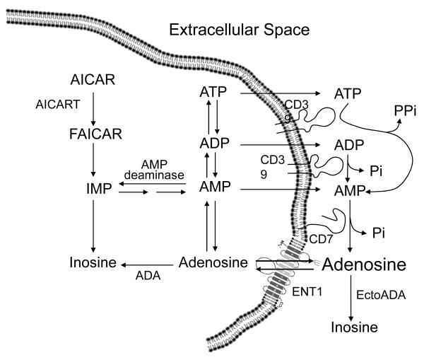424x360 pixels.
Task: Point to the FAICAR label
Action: [x=94, y=133]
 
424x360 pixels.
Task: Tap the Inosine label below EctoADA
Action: [x=355, y=328]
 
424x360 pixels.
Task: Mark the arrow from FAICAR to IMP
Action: [x=94, y=161]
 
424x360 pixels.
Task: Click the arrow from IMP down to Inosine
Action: [x=94, y=226]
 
